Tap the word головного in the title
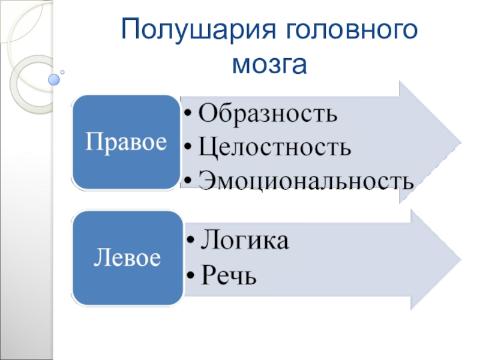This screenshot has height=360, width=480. (349, 29)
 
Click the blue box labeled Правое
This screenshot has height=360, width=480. (126, 142)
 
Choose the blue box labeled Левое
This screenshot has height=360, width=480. (127, 258)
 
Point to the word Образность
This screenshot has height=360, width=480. (268, 112)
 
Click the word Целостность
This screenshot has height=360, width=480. (275, 146)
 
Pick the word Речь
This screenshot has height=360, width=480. (228, 275)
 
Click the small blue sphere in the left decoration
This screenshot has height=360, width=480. (54, 79)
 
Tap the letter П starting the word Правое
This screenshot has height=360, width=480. (91, 142)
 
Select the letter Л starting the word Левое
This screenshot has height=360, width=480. (99, 259)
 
